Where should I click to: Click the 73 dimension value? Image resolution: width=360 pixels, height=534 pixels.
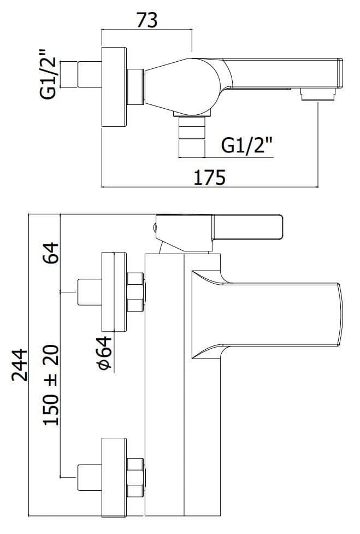tap(147, 20)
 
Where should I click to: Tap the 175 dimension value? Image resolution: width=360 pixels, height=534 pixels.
tap(210, 178)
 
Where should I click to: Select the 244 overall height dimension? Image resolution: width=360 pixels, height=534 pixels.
tap(20, 365)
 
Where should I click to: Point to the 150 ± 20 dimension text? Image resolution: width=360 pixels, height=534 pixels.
tap(51, 385)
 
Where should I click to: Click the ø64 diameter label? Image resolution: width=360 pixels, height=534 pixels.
tap(104, 353)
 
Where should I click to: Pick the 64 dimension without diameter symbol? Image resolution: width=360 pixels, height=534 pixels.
tap(51, 253)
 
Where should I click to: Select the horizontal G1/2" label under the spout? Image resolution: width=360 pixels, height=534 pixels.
tap(247, 146)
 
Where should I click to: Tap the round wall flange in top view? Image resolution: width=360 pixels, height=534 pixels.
tap(114, 87)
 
